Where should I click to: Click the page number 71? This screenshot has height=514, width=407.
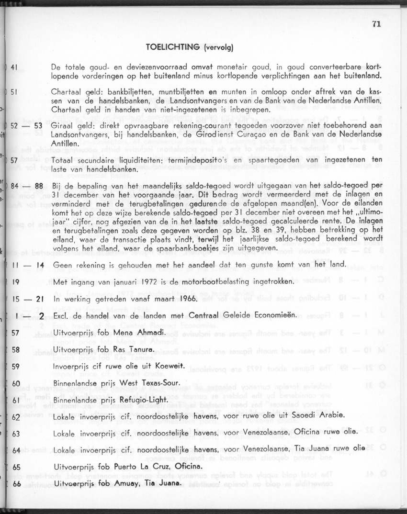point(376,24)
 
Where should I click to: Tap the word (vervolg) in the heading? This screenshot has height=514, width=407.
point(218,47)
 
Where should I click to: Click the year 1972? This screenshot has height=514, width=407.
point(133,281)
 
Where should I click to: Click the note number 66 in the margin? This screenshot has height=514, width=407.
point(15,483)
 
